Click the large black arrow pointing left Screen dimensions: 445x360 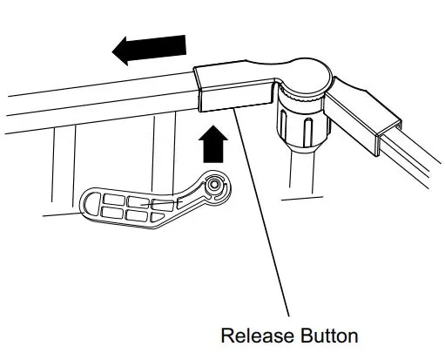pos(149,50)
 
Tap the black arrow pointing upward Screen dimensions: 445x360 pos(213,144)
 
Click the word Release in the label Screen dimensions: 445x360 pos(257,336)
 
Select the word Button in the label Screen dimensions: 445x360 pos(329,336)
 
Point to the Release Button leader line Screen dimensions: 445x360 pos(261,211)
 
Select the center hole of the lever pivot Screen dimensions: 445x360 pos(214,184)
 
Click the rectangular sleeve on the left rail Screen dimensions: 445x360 pos(233,87)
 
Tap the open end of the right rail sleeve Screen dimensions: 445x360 pos(389,137)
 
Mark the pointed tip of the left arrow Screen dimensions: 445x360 pos(112,51)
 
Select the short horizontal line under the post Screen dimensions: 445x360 pos(302,199)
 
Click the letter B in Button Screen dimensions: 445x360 pos(306,336)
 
